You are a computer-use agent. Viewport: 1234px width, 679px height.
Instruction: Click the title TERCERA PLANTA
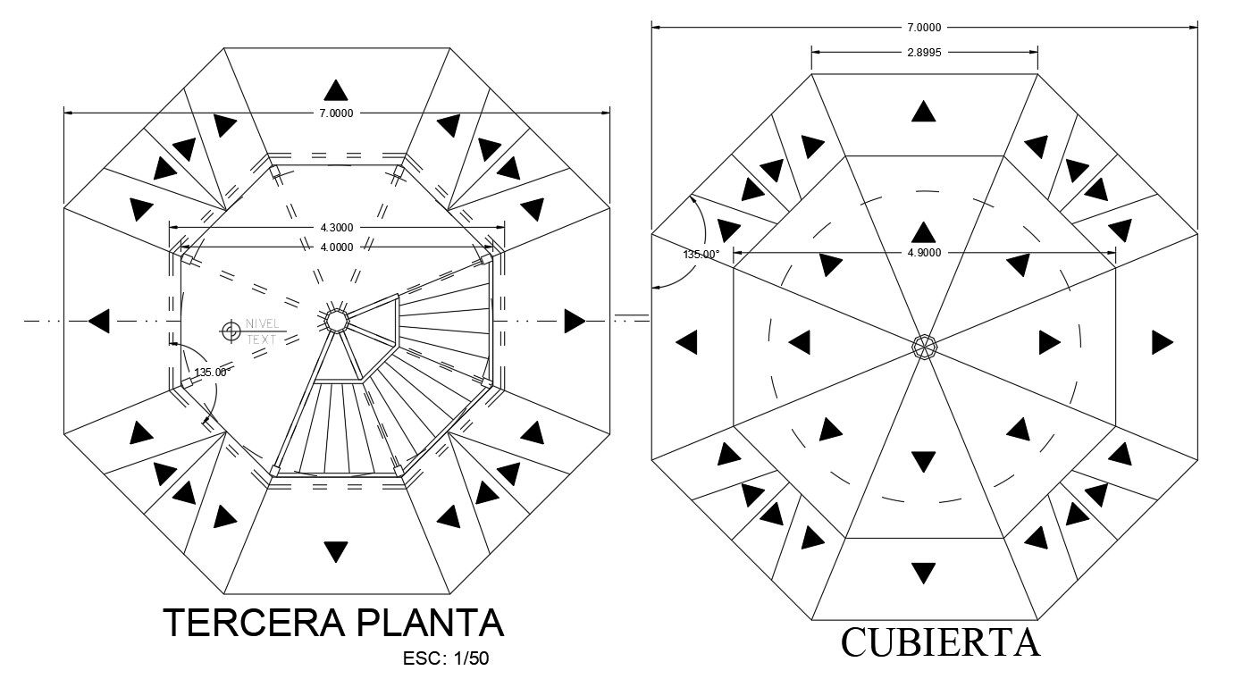pyautogui.click(x=333, y=623)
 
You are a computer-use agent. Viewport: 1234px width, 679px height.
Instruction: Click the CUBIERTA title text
pyautogui.click(x=940, y=642)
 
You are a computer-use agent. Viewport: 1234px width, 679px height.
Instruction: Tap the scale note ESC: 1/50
pyautogui.click(x=446, y=659)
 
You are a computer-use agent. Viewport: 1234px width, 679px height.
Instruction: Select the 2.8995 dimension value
pyautogui.click(x=924, y=53)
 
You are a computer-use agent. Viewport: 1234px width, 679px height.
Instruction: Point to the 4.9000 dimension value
pyautogui.click(x=924, y=253)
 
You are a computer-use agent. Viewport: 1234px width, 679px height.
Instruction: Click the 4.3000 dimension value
pyautogui.click(x=336, y=228)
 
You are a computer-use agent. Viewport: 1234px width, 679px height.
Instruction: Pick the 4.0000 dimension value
pyautogui.click(x=336, y=247)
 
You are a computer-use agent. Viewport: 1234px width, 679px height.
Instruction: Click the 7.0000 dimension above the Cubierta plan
pyautogui.click(x=924, y=27)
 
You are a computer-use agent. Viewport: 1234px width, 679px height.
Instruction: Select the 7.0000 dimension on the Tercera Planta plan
pyautogui.click(x=336, y=113)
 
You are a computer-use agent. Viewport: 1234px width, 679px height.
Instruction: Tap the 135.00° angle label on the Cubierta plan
pyautogui.click(x=701, y=255)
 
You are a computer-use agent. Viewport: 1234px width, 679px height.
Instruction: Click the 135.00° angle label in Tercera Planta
pyautogui.click(x=214, y=373)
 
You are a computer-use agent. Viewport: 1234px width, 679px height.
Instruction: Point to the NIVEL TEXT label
pyautogui.click(x=263, y=331)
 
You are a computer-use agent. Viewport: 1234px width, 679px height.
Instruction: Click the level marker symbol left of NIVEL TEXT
pyautogui.click(x=230, y=331)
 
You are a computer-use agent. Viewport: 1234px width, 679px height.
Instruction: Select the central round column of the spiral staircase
pyautogui.click(x=336, y=320)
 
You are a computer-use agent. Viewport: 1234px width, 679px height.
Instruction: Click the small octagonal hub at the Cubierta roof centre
pyautogui.click(x=924, y=347)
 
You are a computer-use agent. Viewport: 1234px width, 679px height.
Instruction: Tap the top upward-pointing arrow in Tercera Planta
pyautogui.click(x=336, y=90)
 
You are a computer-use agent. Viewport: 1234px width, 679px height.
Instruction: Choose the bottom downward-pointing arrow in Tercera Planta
pyautogui.click(x=336, y=551)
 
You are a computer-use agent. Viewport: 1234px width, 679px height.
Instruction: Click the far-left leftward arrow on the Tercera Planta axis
pyautogui.click(x=98, y=320)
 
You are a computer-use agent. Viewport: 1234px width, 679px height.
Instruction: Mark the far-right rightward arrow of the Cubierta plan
pyautogui.click(x=1162, y=342)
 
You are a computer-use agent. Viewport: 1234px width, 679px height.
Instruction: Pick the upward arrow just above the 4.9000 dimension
pyautogui.click(x=924, y=231)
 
